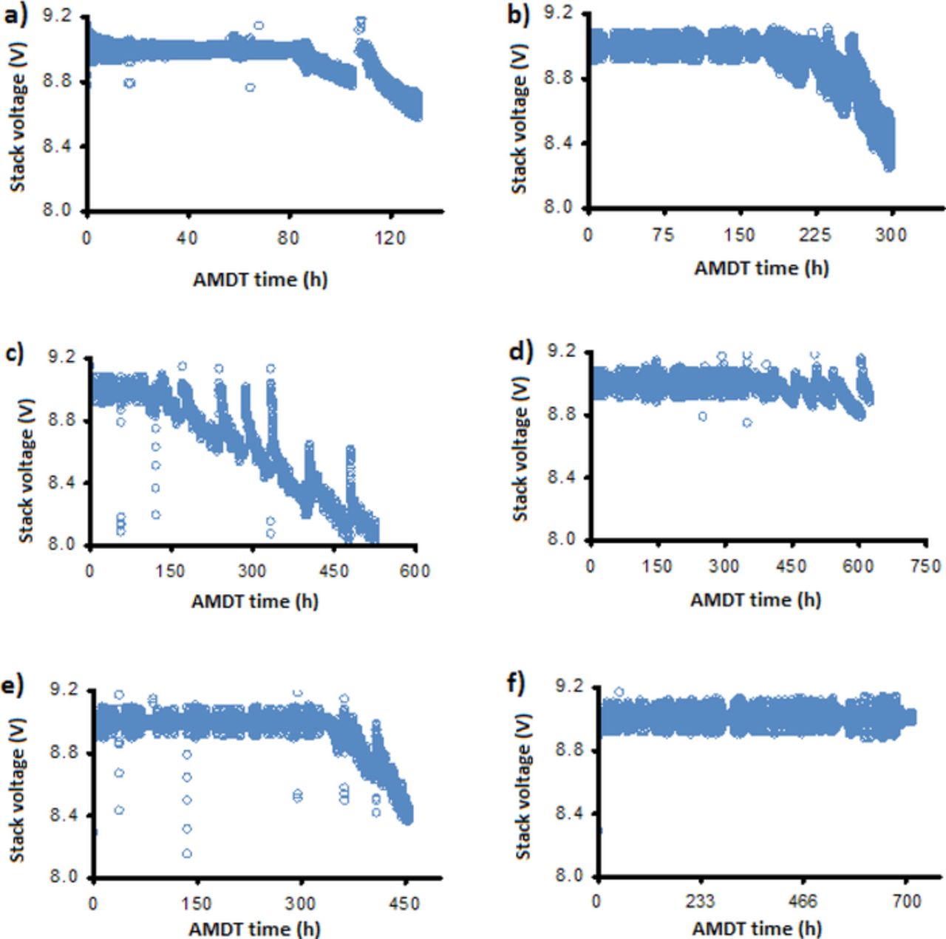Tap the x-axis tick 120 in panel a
389,238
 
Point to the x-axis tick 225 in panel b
815,235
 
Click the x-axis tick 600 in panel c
415,570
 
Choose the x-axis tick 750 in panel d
925,567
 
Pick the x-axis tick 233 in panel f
700,902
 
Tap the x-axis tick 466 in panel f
803,902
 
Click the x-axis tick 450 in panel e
404,903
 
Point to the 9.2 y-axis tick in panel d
561,352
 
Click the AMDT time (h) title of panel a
260,279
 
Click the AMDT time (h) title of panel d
755,600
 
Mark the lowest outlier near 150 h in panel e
187,853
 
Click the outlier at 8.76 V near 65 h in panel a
251,87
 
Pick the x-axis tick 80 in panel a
288,238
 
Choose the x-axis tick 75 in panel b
663,235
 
